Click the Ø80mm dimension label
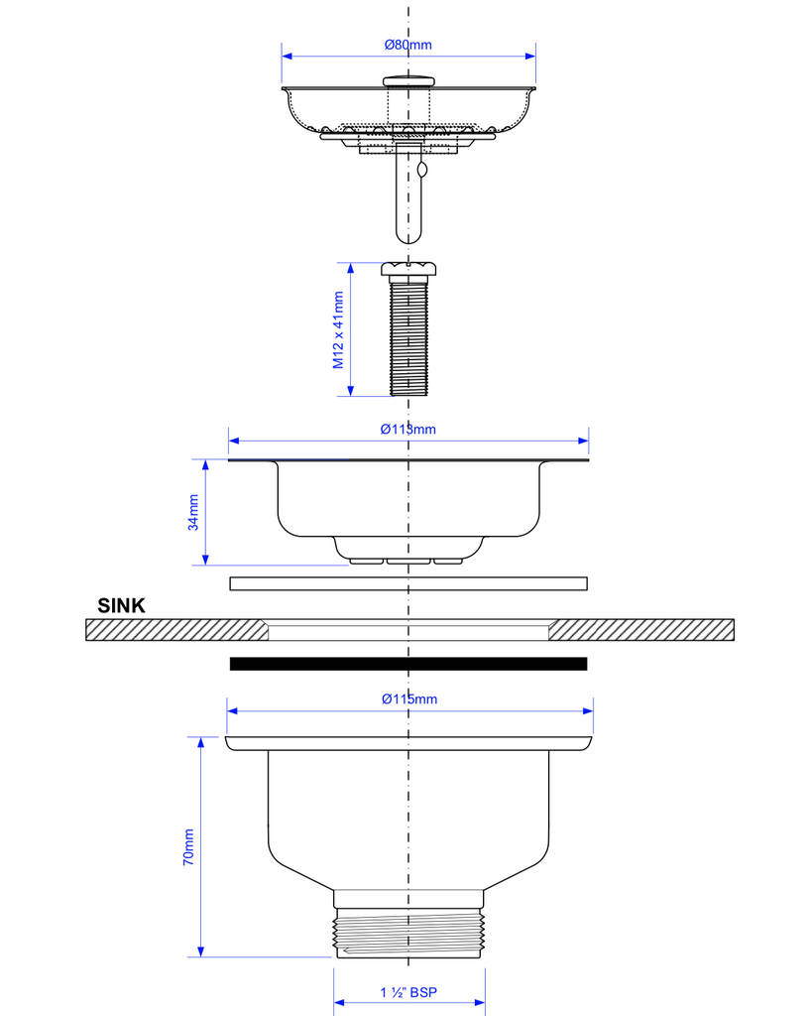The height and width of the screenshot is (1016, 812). coord(408,45)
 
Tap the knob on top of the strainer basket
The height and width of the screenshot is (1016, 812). coord(408,79)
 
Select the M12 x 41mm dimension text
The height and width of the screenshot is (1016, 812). coord(338,329)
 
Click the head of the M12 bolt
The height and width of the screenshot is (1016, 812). coord(408,269)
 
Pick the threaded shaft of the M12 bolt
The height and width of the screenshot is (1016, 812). coord(408,337)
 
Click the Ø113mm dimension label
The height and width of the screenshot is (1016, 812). coord(408,429)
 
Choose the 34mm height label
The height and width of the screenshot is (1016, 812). coord(194,512)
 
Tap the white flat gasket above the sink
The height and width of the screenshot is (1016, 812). coord(408,583)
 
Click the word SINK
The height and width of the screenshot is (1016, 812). coord(121,605)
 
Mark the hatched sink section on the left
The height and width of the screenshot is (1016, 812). coord(174,630)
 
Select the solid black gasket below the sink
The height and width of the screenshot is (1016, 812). coord(408,664)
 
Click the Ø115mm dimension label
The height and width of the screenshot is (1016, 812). coord(409,698)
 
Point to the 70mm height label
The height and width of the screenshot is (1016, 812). coord(188,848)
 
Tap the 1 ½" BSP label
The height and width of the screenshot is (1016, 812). coord(408,992)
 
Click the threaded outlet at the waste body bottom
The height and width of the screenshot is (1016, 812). coord(408,933)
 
